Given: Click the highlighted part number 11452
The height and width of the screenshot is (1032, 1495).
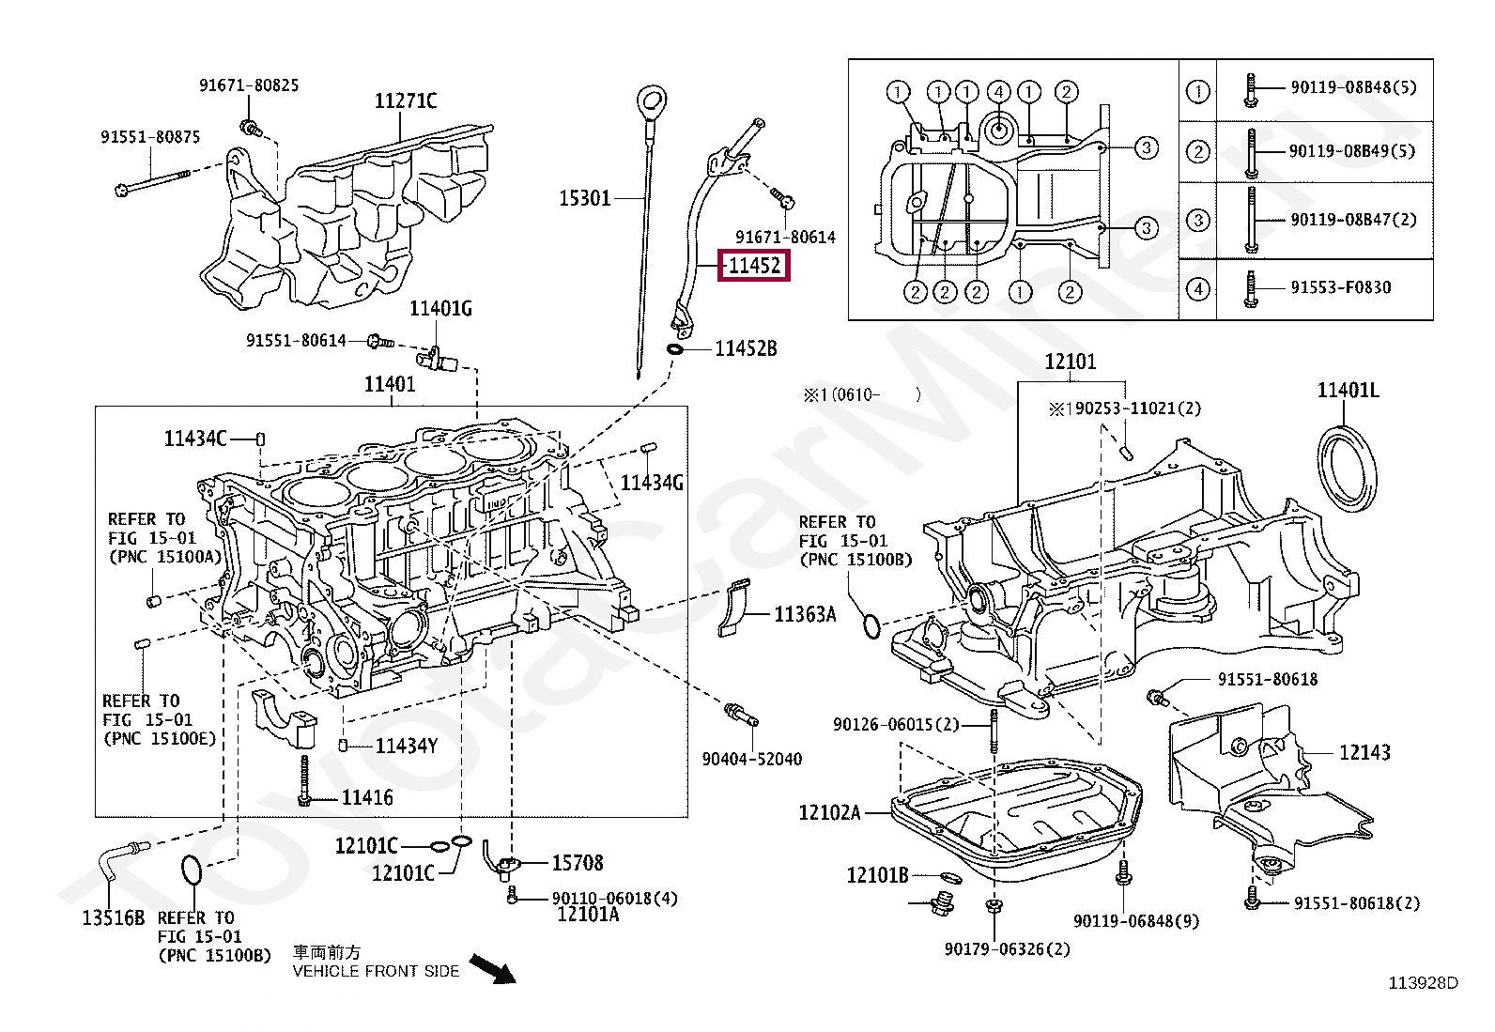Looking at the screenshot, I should (755, 266).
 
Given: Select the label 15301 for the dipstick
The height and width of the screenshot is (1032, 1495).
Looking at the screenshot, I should (585, 198).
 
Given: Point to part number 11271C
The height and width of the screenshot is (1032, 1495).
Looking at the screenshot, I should (406, 101).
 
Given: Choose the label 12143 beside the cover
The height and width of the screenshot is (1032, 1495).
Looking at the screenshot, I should (1364, 752).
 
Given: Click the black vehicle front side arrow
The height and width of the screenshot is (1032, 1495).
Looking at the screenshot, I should (493, 969).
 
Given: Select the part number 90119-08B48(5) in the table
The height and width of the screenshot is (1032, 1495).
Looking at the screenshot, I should (1353, 87).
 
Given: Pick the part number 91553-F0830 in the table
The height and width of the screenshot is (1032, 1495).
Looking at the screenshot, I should (1340, 287).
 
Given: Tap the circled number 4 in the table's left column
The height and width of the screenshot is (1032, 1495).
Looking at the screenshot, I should (1198, 288).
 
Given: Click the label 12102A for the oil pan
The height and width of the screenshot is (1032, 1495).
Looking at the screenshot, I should (829, 812).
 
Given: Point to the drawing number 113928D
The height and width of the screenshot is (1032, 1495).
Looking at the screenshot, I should (1424, 983).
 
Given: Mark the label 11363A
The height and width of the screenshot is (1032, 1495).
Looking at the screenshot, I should (805, 614).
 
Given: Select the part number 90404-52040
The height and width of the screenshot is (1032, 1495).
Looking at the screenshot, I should (752, 759).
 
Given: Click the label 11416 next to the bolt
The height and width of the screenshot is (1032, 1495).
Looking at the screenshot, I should (367, 798).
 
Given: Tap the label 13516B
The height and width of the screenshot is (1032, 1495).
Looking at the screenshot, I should (113, 917).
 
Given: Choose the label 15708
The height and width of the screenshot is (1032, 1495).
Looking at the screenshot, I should (578, 862).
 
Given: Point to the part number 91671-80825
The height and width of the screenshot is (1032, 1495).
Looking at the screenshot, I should (249, 85).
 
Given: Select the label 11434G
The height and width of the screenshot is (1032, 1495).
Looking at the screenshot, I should (652, 483).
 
